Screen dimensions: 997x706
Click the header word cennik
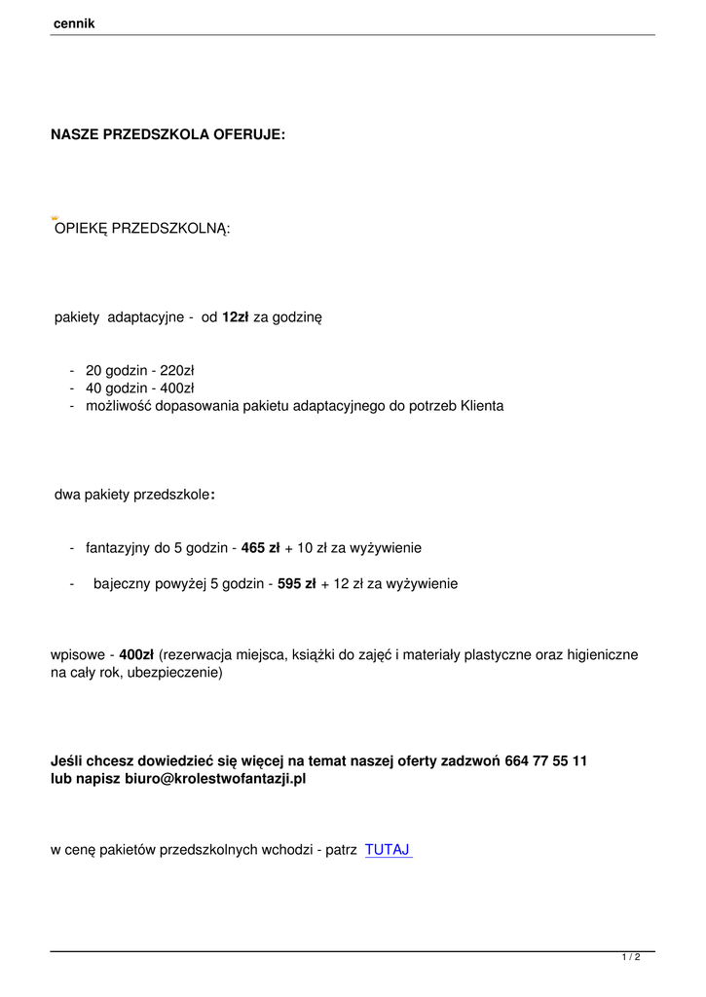pos(73,23)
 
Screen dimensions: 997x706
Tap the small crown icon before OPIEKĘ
pos(56,218)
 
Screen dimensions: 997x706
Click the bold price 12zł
pos(236,317)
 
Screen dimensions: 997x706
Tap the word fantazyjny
pos(117,548)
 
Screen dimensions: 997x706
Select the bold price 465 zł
pos(260,548)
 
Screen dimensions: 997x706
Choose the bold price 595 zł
pos(297,584)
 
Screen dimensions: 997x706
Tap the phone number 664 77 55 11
pos(546,760)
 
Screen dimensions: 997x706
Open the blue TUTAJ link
pos(388,850)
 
